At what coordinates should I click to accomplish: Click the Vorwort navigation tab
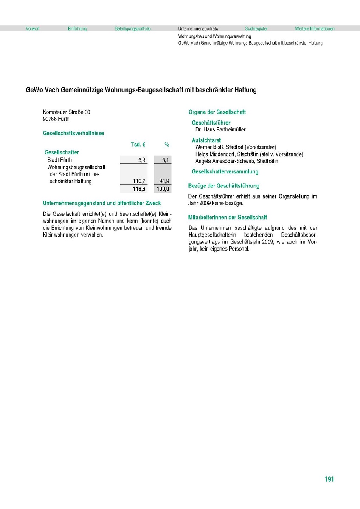[x=33, y=29]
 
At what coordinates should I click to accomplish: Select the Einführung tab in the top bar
[x=77, y=29]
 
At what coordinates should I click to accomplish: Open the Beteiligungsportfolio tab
[x=132, y=29]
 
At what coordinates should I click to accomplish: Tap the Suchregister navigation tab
[x=256, y=29]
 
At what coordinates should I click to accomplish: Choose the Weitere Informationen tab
[x=315, y=29]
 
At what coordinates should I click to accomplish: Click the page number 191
[x=329, y=479]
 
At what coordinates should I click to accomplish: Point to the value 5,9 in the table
[x=142, y=160]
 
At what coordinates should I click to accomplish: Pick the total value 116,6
[x=139, y=189]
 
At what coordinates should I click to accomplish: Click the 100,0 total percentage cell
[x=163, y=189]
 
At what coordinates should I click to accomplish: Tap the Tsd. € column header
[x=138, y=145]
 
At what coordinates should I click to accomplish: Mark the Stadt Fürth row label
[x=59, y=160]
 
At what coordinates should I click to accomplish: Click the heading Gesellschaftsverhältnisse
[x=73, y=133]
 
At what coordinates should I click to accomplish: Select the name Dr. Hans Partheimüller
[x=220, y=129]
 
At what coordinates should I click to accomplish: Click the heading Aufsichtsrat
[x=206, y=140]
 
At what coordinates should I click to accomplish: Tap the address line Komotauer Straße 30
[x=67, y=112]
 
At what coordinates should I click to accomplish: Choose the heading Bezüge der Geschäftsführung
[x=224, y=186]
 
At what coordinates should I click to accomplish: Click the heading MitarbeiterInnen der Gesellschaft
[x=228, y=218]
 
